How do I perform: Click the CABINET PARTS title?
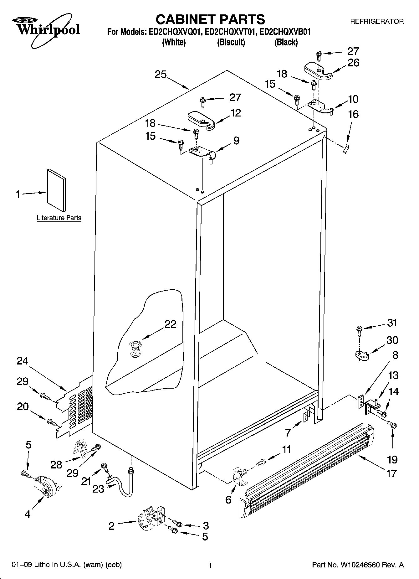[x=210, y=19]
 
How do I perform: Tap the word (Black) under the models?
[x=286, y=42]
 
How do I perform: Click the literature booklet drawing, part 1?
[x=57, y=190]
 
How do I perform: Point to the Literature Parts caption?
[x=59, y=218]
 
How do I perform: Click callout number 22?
[x=170, y=324]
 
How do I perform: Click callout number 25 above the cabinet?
[x=161, y=75]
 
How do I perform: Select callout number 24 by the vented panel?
[x=22, y=361]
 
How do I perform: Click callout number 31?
[x=392, y=322]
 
